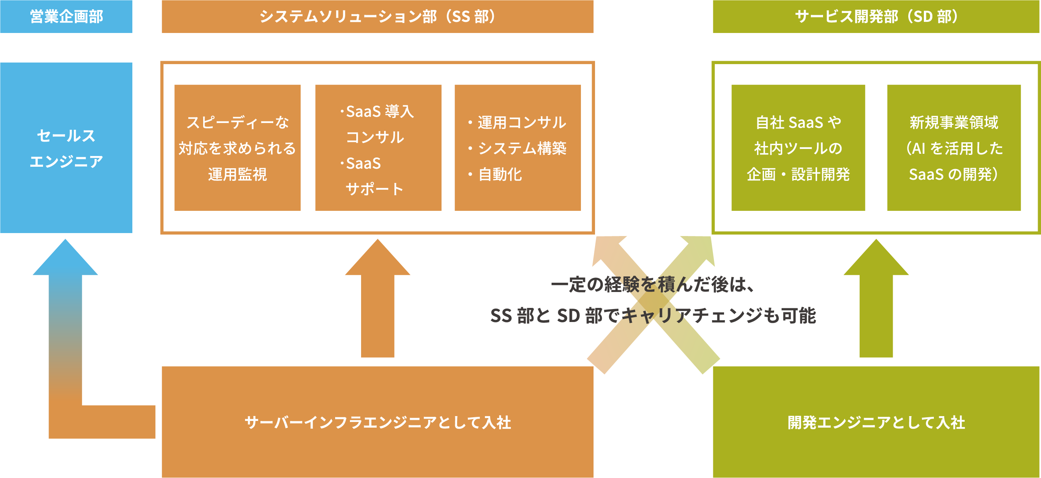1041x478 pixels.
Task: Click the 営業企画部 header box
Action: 66,16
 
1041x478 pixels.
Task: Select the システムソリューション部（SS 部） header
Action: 377,16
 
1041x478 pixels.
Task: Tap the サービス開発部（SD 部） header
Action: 876,16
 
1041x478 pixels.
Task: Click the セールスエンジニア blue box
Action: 66,148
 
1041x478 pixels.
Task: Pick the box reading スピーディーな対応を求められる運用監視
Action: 237,148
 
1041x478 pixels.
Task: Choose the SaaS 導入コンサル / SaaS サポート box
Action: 378,148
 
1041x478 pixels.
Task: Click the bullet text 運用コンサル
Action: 522,122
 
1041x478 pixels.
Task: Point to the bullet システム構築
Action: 522,148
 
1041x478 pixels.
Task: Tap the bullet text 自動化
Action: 500,175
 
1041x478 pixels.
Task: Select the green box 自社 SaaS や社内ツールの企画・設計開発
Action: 798,148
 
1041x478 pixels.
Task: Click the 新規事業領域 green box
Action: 954,148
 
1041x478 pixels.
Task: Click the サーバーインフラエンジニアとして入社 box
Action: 377,422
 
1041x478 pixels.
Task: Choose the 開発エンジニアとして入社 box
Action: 876,422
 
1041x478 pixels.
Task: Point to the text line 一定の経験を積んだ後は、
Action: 652,285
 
